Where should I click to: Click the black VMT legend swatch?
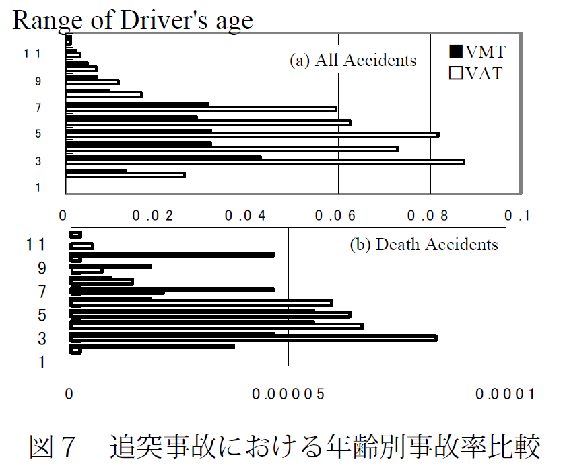456,52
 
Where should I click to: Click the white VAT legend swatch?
456,73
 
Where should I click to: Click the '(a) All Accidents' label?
353,61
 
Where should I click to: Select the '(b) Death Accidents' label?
424,244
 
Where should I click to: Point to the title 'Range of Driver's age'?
133,20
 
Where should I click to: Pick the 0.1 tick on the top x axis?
519,216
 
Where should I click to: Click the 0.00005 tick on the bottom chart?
288,395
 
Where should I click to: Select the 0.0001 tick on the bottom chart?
504,395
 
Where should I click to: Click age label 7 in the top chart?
38,108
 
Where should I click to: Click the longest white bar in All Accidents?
265,162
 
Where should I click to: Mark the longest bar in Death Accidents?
253,338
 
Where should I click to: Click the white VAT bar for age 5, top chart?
252,134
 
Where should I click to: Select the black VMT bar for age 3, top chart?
163,157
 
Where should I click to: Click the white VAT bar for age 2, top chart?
125,175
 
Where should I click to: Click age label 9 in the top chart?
38,81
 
